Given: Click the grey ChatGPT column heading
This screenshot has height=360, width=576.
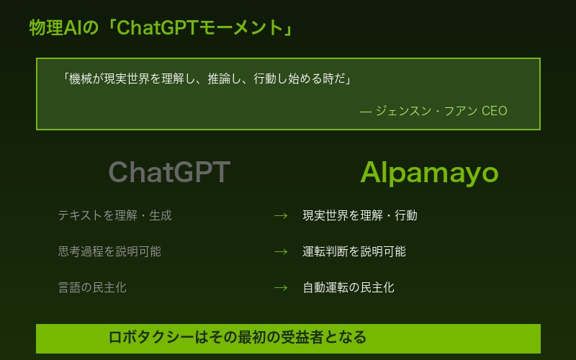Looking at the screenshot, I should [x=169, y=173].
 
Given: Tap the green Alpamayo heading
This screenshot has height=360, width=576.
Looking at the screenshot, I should [x=429, y=173].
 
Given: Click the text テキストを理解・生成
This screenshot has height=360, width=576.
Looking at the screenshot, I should [x=114, y=215].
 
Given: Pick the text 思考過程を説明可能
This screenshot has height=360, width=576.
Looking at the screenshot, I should [x=109, y=251].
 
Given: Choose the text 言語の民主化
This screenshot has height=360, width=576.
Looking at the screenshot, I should [x=92, y=287].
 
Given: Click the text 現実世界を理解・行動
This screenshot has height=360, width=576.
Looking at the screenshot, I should [x=359, y=215].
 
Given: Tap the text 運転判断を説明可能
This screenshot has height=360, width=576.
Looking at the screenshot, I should [x=354, y=251].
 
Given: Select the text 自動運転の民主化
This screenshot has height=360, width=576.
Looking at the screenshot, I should [x=348, y=287].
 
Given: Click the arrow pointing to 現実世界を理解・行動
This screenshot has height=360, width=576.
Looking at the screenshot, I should [x=281, y=215].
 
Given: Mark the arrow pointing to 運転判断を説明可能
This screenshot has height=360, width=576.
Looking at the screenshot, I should [x=281, y=251].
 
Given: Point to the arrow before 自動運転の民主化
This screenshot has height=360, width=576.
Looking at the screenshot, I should [x=281, y=287].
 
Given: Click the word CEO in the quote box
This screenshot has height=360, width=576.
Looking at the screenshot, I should [x=494, y=111].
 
